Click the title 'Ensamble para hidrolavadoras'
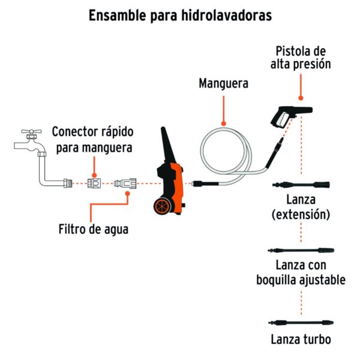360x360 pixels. tap(180, 16)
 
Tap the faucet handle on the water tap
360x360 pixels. tap(31, 131)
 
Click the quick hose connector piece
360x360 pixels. tap(94, 183)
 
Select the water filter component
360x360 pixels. tap(125, 184)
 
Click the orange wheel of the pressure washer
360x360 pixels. tap(163, 206)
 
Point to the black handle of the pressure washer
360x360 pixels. tap(167, 145)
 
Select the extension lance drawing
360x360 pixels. tap(301, 184)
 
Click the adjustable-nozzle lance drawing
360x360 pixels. tap(301, 250)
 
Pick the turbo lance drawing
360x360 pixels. tap(301, 323)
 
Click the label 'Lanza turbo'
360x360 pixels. tap(301, 340)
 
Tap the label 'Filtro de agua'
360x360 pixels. tap(94, 229)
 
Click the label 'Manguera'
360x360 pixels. tap(224, 83)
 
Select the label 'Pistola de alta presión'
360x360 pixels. tap(301, 58)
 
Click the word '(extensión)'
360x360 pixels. tap(301, 214)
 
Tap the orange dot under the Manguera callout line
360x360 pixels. tap(224, 124)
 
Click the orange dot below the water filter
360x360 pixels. tap(128, 194)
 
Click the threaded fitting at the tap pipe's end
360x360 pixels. tap(68, 184)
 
